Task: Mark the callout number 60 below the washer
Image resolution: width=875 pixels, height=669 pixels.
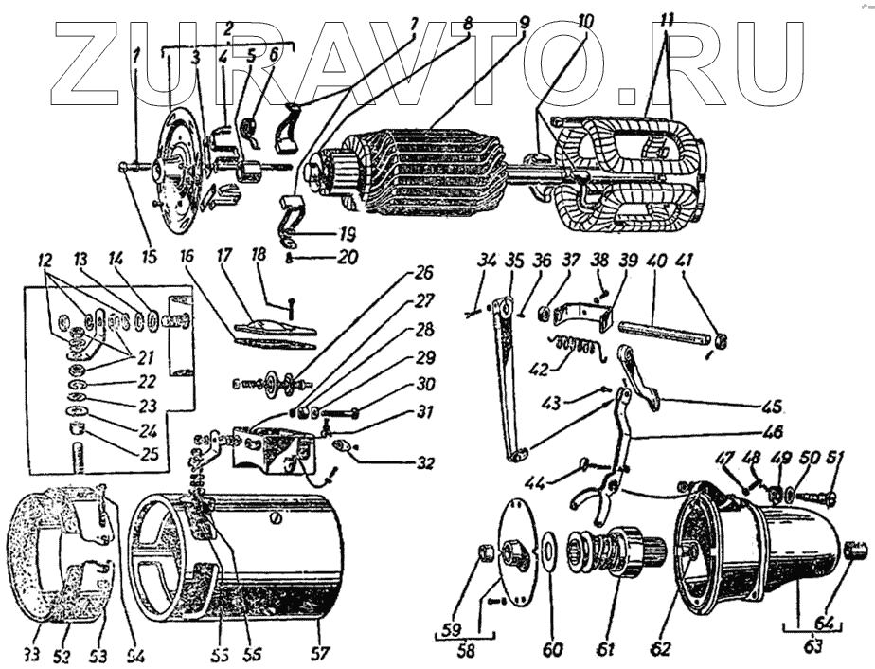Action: [x=552, y=649]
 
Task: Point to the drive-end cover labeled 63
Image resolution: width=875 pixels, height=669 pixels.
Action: [x=758, y=550]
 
